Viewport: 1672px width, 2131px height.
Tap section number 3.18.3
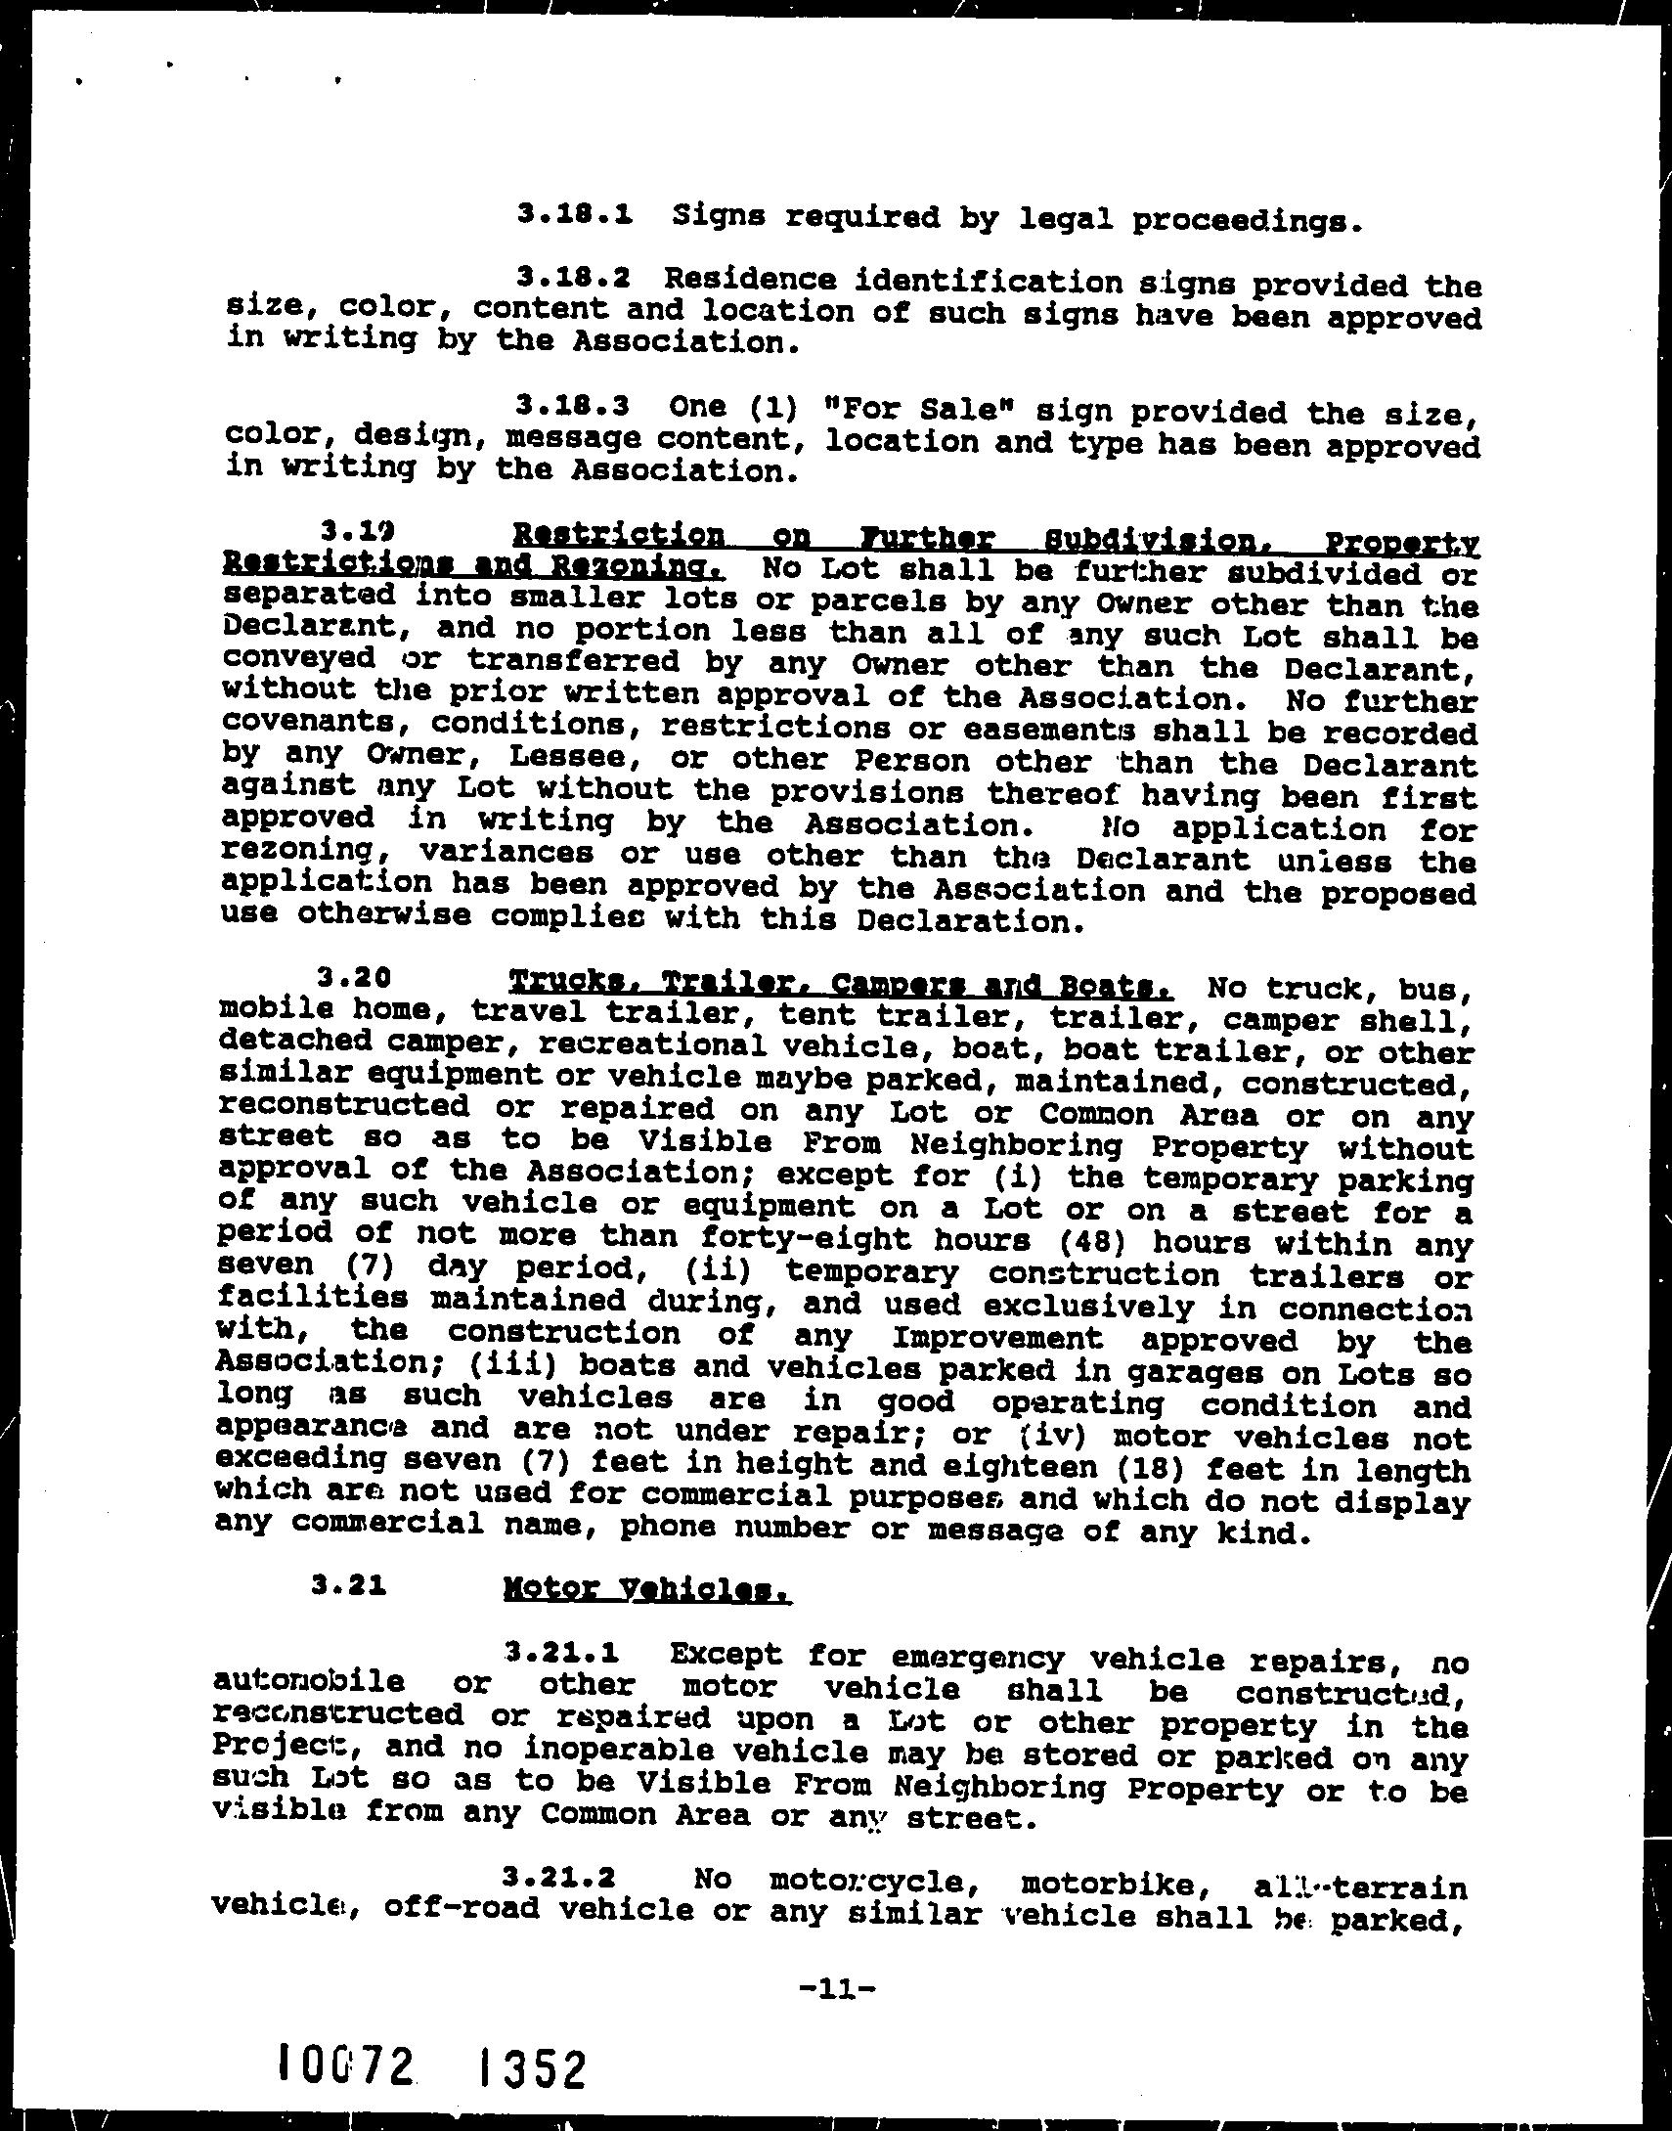click(573, 404)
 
